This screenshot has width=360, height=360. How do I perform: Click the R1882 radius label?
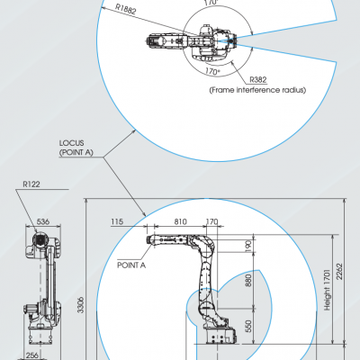(x=126, y=9)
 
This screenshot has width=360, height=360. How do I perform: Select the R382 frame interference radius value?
(x=258, y=80)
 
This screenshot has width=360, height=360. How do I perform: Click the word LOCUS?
(x=71, y=143)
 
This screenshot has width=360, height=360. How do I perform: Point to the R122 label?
(x=31, y=184)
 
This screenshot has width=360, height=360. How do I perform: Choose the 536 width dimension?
(x=43, y=221)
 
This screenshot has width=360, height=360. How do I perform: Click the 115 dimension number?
(x=117, y=221)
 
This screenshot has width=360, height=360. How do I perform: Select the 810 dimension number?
(x=180, y=221)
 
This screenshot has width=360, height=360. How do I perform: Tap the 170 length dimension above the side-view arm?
(x=211, y=221)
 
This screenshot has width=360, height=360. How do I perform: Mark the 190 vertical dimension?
(x=248, y=246)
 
